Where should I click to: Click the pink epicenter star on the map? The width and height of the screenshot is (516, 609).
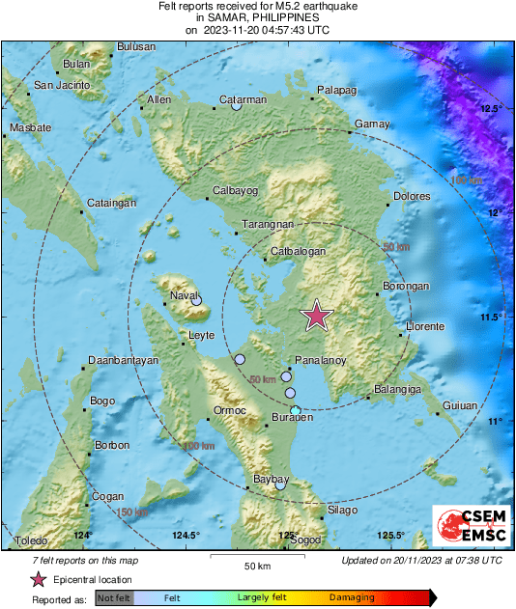(316, 316)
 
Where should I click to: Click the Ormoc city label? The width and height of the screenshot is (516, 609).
(229, 410)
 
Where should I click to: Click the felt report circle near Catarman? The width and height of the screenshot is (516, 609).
(236, 105)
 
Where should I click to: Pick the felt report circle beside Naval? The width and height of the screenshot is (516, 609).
(196, 301)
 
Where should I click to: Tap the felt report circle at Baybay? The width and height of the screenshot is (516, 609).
(280, 484)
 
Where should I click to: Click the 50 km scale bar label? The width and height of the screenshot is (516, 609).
(256, 565)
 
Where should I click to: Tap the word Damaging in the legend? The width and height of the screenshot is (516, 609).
(351, 597)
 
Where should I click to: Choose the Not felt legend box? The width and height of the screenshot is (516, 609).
(113, 597)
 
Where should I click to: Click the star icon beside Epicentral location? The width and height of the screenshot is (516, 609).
(38, 579)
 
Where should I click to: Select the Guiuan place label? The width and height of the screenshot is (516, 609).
(459, 405)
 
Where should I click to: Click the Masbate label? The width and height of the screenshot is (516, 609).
(30, 128)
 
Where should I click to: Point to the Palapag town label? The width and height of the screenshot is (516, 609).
(337, 91)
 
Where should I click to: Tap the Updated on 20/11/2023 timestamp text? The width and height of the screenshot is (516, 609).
(421, 560)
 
